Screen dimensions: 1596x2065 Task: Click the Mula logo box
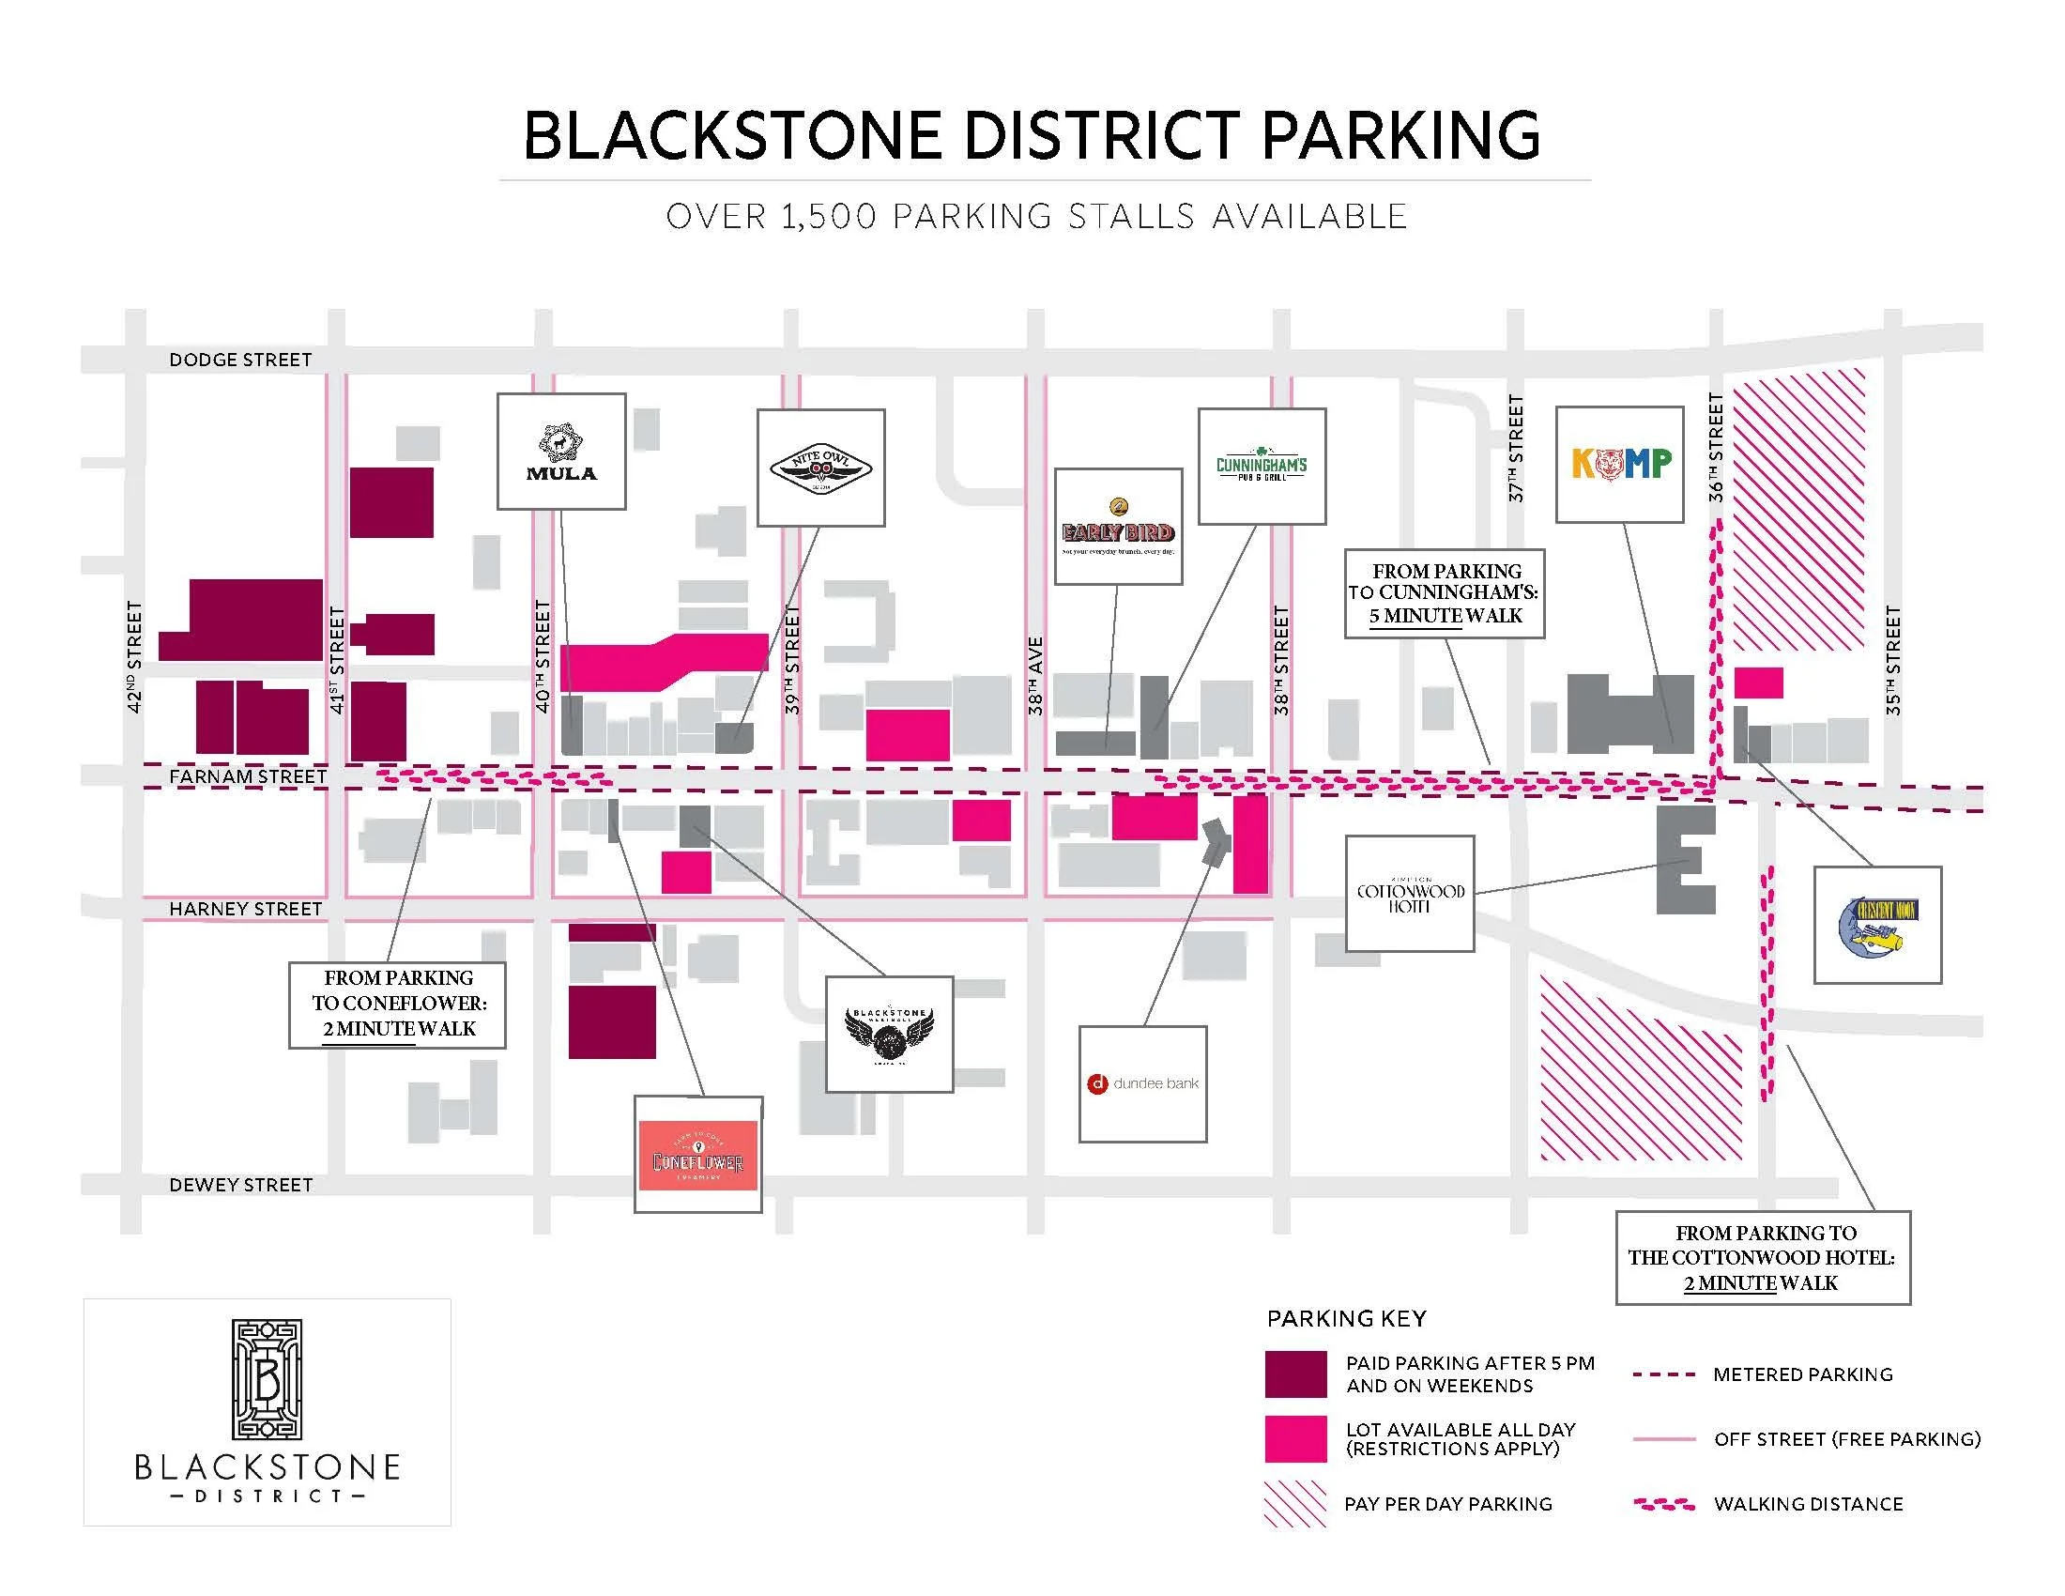click(x=561, y=451)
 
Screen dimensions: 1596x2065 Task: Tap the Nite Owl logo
click(x=820, y=468)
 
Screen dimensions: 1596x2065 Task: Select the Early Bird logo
click(x=1118, y=527)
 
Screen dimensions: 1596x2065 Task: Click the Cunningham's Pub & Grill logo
click(x=1262, y=467)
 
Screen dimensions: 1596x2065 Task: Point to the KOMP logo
click(x=1620, y=463)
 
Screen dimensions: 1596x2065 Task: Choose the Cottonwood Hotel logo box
click(x=1410, y=894)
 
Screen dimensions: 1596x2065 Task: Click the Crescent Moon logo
click(x=1877, y=925)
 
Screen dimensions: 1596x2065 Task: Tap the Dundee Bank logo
click(x=1143, y=1083)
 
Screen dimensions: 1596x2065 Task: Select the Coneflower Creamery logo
click(x=697, y=1155)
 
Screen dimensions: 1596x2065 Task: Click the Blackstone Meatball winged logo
click(x=889, y=1034)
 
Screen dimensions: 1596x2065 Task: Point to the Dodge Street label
click(x=240, y=361)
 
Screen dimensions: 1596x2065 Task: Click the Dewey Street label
click(x=240, y=1185)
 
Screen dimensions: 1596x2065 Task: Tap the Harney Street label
click(x=245, y=909)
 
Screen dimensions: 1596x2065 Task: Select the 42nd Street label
click(x=134, y=656)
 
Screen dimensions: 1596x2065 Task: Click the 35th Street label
click(x=1892, y=660)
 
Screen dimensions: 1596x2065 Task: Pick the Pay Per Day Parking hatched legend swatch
click(x=1295, y=1503)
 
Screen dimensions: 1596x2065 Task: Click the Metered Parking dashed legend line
click(x=1664, y=1374)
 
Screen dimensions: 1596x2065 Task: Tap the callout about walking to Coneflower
click(x=397, y=1004)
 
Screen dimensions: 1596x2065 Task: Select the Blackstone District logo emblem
click(x=267, y=1379)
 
